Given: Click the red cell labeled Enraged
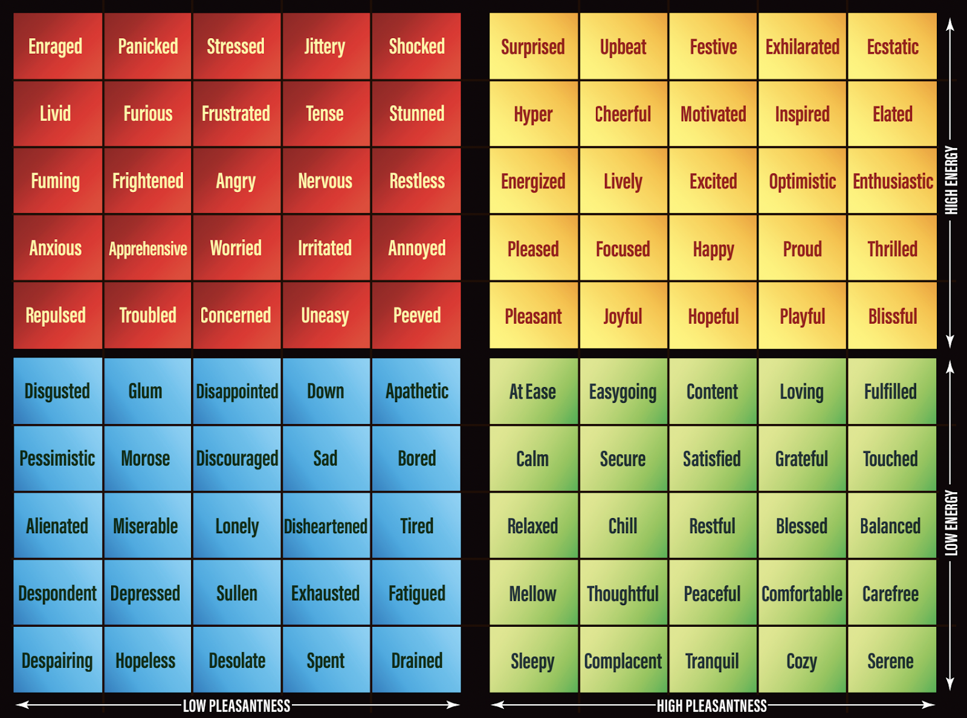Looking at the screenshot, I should point(56,46).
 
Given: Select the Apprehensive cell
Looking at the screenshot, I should point(147,248).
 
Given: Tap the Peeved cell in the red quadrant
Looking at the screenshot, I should point(416,315).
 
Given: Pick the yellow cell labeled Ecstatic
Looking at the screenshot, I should point(892,46).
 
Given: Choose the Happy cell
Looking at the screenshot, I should point(713,249).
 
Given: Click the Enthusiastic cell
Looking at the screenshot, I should point(892,181).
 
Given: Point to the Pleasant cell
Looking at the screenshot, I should point(533,316).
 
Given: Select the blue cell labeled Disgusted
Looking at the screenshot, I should point(57,391).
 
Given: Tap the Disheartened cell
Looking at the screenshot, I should point(326,526).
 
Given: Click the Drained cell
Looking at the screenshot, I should point(416,661).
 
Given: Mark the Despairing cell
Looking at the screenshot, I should point(57,661).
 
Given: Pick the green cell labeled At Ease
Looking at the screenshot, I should point(532,391).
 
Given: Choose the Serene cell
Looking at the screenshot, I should point(890,661).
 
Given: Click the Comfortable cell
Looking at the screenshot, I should point(801,594).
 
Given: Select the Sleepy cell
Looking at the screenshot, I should point(532,661).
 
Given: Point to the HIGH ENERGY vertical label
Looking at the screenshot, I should point(951,180).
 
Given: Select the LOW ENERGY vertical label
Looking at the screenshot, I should point(951,523).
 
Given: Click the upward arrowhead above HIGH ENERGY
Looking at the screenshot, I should point(950,24).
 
